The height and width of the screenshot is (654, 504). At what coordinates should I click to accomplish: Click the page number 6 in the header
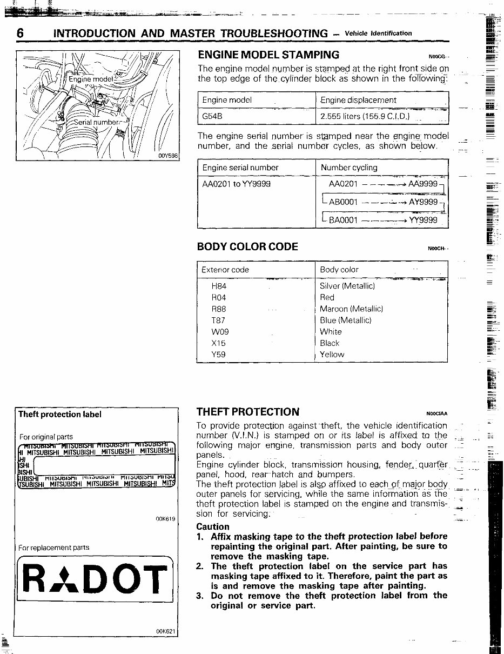coord(20,33)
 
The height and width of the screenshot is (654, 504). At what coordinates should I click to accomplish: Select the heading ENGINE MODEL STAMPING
coord(268,55)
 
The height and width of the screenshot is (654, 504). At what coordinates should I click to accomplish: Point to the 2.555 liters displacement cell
coord(365,116)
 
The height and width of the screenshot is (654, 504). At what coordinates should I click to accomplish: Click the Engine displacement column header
coord(358,100)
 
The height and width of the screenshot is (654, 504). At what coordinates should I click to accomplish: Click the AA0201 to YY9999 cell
coord(236,184)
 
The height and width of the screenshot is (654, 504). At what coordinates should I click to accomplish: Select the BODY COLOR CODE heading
coord(248,246)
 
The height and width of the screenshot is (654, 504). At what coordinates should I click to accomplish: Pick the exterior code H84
coord(219,286)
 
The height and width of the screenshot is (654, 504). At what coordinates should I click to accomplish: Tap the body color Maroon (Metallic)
coord(351,309)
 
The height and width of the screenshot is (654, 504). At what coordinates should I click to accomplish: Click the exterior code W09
coord(219,332)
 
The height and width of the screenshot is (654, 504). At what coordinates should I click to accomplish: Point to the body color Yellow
coord(332,355)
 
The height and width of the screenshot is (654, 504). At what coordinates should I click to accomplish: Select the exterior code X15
coord(219,343)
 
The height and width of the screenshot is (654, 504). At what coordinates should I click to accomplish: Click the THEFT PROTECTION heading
coord(248,412)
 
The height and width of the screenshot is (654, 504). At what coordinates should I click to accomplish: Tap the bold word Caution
coord(213,526)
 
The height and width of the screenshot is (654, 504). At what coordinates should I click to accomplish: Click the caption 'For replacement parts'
coord(53,548)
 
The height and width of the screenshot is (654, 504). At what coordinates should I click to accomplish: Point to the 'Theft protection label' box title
coord(59,415)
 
